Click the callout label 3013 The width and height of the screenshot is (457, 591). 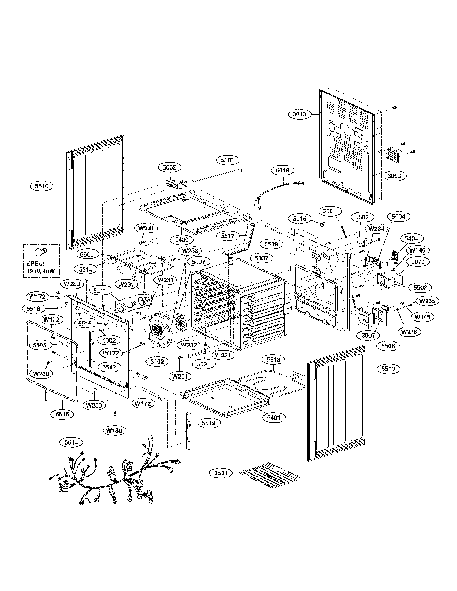[299, 114]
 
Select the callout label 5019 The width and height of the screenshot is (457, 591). [282, 170]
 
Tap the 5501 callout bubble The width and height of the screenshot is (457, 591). [227, 160]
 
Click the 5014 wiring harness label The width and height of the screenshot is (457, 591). [71, 442]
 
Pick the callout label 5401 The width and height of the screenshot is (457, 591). [274, 417]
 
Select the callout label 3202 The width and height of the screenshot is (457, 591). [158, 361]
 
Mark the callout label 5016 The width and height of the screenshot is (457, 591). [300, 218]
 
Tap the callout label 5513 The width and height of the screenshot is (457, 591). [274, 360]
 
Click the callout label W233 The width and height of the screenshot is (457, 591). [190, 251]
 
